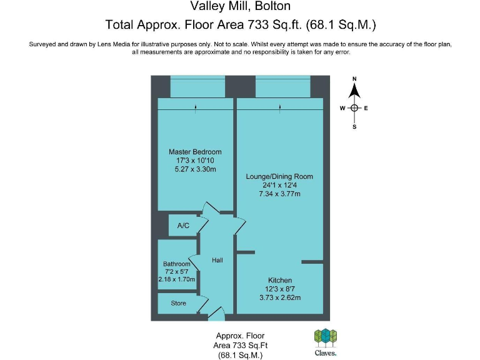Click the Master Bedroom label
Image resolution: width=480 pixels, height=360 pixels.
pos(195,152)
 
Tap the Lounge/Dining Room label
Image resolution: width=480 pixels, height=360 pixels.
pos(279,177)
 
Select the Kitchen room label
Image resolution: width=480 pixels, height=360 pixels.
pos(280,280)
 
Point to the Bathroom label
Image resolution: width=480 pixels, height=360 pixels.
pos(177,264)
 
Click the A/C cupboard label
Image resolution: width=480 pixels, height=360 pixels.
pos(183,226)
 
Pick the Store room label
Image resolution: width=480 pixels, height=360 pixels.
pos(178,304)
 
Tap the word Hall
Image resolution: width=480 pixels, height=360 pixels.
pos(217,260)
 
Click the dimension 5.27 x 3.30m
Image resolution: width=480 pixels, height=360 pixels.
pos(195,169)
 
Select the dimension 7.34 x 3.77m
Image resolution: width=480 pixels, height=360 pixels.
pos(279,194)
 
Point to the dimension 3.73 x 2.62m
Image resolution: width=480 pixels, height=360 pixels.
pos(280,297)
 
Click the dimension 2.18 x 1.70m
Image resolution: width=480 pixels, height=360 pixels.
pos(177,281)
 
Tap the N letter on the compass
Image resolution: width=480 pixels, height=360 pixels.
pos(354,79)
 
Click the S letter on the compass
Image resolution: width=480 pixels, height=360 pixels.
pos(354,127)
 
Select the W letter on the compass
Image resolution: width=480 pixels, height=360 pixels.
pos(342,108)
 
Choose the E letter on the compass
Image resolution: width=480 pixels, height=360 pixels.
pos(366,108)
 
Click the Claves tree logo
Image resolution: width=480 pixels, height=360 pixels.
pos(325,337)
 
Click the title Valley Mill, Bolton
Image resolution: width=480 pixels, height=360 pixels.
pos(240,7)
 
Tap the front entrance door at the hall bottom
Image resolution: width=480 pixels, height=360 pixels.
pos(216,314)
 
